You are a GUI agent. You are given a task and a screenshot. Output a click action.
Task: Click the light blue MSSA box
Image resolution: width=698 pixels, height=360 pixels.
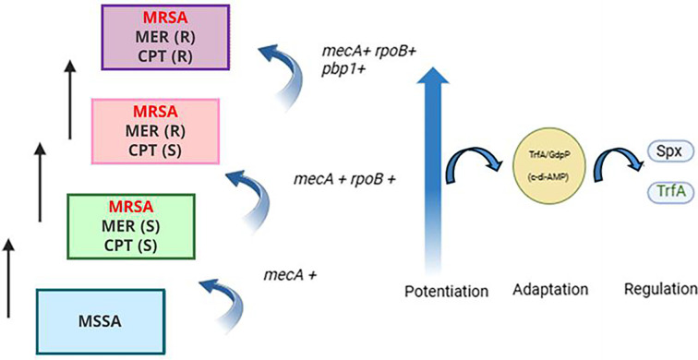[101, 322]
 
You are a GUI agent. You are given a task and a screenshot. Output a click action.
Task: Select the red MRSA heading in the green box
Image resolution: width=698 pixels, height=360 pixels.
[131, 207]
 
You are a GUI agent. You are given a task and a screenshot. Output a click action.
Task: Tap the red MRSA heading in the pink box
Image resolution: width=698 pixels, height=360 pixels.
[155, 112]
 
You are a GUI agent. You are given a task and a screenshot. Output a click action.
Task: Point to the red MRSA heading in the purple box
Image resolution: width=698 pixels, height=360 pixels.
[165, 18]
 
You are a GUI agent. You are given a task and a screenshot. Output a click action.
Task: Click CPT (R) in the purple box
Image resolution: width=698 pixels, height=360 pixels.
[165, 58]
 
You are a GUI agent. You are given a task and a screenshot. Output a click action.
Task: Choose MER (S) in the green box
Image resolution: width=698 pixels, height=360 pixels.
[131, 226]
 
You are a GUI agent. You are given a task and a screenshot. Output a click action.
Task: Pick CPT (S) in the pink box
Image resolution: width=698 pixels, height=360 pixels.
[155, 150]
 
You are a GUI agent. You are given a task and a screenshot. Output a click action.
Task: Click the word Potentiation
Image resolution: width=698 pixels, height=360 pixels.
[447, 291]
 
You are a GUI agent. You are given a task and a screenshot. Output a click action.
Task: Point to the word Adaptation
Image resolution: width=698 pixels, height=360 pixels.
[550, 290]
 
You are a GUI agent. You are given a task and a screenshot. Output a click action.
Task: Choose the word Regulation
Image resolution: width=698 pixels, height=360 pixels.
[661, 290]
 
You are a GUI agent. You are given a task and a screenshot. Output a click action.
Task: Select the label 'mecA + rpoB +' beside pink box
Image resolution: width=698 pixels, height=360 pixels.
[344, 179]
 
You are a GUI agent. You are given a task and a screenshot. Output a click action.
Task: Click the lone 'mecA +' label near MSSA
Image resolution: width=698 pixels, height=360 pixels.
[290, 275]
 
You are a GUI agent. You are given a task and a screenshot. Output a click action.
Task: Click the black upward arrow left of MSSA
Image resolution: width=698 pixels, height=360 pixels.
[8, 278]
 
